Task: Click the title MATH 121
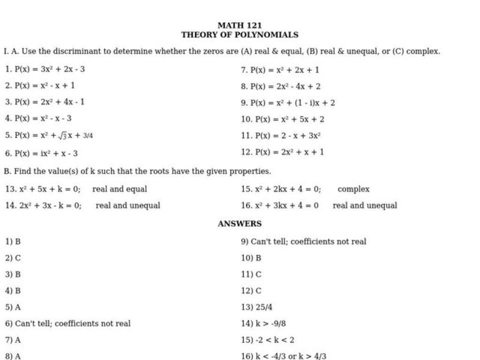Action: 239,26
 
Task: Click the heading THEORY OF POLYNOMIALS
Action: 239,35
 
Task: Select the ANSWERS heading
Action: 239,224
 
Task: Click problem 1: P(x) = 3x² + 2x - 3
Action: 45,69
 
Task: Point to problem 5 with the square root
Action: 49,136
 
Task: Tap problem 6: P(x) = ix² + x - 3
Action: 41,154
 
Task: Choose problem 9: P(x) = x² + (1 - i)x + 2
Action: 288,103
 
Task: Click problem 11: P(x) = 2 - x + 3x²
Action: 281,136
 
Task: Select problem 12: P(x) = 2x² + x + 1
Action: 283,152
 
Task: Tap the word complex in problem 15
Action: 353,189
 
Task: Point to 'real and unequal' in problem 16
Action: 365,206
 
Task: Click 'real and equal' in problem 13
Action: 119,189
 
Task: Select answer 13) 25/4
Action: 256,307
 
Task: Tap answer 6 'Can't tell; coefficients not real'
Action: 67,323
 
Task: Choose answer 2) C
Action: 13,258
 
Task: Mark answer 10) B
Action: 251,258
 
